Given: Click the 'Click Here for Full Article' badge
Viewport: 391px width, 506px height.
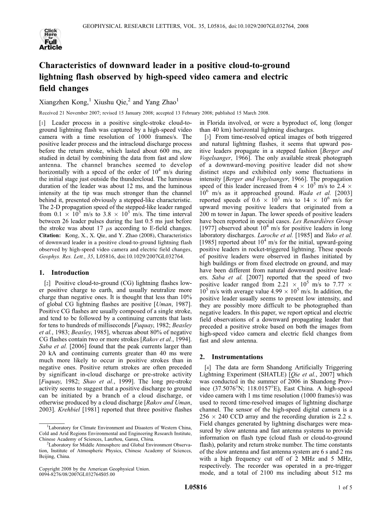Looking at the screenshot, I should (51, 39).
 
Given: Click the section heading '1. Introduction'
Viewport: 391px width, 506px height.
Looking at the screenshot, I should (64, 273).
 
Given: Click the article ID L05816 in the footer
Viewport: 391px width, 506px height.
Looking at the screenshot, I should (195, 488).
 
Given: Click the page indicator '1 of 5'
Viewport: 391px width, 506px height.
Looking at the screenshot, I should (345, 488).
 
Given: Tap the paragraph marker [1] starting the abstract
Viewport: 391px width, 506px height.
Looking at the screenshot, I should (42, 123).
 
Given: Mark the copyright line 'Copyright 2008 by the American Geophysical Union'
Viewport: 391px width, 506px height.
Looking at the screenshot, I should (94, 469).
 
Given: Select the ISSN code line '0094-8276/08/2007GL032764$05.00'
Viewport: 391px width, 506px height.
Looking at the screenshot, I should (77, 474).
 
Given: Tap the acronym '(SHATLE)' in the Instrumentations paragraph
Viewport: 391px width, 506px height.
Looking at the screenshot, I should (274, 375).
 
